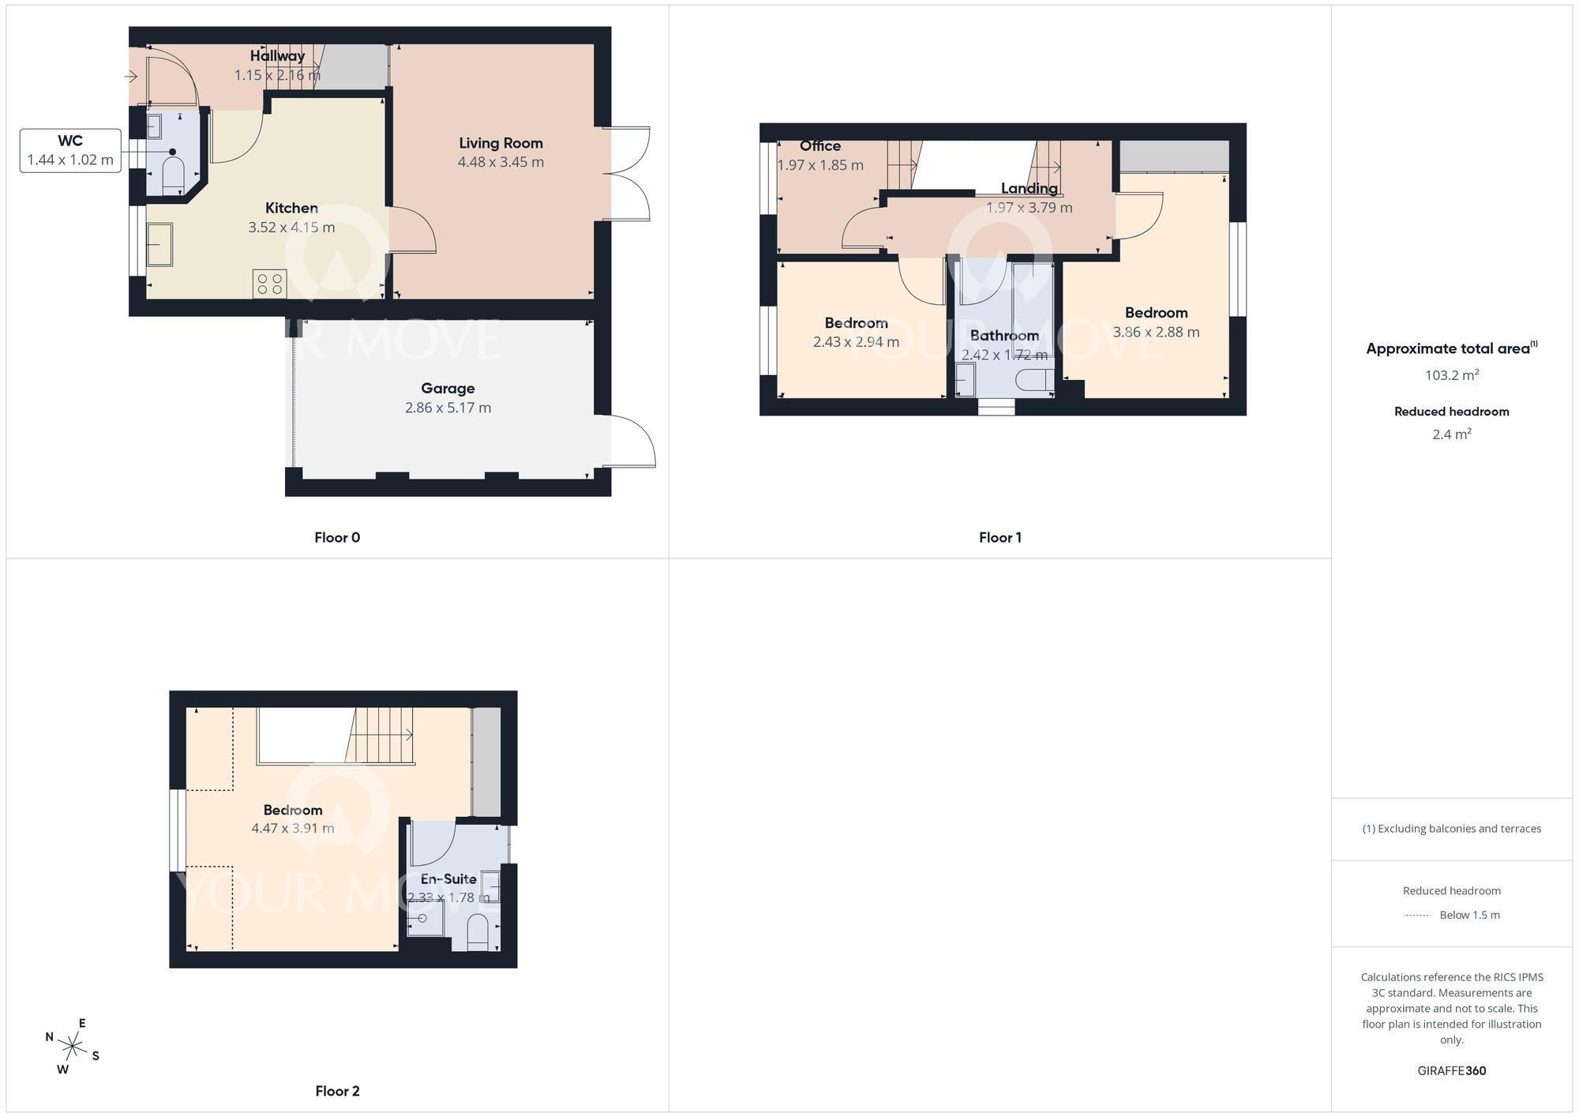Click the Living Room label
pyautogui.click(x=501, y=143)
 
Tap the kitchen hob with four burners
pyautogui.click(x=269, y=284)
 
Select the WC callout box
pyautogui.click(x=70, y=150)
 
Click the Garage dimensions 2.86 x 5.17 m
pyautogui.click(x=448, y=408)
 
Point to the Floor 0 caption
pyautogui.click(x=337, y=537)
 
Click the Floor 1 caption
pyautogui.click(x=1000, y=537)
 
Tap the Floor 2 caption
pyautogui.click(x=337, y=1091)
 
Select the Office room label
pyautogui.click(x=820, y=146)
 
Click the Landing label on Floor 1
pyautogui.click(x=1029, y=188)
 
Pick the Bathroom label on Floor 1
pyautogui.click(x=1004, y=336)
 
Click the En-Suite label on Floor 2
pyautogui.click(x=448, y=878)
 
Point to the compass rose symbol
pyautogui.click(x=73, y=1047)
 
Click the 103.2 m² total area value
pyautogui.click(x=1451, y=375)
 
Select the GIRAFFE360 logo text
pyautogui.click(x=1451, y=1071)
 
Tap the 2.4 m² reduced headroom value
pyautogui.click(x=1451, y=434)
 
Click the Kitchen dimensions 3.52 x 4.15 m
pyautogui.click(x=291, y=228)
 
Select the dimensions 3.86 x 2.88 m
pyautogui.click(x=1156, y=333)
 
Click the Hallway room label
pyautogui.click(x=277, y=56)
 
